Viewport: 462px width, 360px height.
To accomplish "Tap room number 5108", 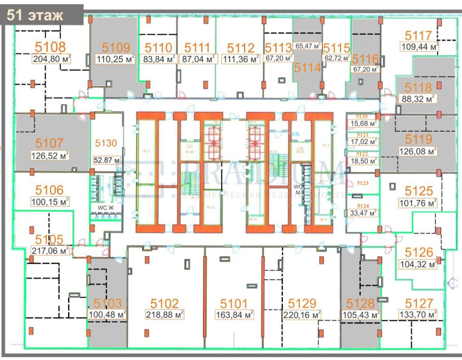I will coord(50,47).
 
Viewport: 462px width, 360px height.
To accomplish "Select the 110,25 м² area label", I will coord(114,59).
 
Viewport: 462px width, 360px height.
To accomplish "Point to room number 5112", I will coord(241,48).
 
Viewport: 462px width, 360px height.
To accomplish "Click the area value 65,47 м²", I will coord(308,46).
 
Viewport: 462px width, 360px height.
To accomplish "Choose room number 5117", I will coord(418,36).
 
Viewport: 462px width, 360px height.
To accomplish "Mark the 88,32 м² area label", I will coord(418,99).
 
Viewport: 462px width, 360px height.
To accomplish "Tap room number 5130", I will coord(106,143).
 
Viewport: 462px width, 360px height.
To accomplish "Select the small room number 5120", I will coord(362,117).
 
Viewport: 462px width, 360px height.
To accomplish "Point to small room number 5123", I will coord(362,183).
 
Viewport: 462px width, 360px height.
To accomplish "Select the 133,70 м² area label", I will coord(418,315).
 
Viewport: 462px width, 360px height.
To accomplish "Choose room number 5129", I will coord(302,303).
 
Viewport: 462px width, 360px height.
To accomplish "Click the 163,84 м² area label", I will coord(235,315).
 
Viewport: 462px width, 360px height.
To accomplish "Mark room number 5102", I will coord(165,303).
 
